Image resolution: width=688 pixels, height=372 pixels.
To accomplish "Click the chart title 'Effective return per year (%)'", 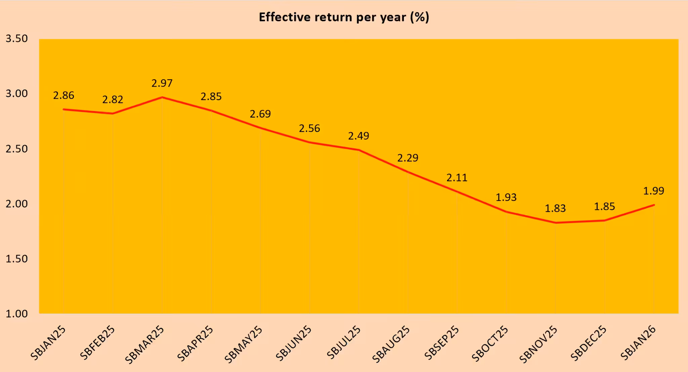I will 344,17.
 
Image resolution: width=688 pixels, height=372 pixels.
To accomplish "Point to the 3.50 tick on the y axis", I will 17,39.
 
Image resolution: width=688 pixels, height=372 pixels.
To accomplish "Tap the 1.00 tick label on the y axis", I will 17,314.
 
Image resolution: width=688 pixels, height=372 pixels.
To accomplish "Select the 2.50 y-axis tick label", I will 17,149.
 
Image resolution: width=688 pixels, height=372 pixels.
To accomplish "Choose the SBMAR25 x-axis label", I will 144,345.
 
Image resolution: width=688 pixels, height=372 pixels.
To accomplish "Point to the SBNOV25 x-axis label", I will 539,344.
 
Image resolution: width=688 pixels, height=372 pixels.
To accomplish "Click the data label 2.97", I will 162,83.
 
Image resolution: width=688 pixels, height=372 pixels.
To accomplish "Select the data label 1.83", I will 555,208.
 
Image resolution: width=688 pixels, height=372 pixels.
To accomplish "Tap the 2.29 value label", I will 408,158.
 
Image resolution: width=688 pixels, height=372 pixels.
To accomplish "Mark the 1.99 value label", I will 654,191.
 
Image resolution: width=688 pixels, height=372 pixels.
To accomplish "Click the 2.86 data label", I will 63,96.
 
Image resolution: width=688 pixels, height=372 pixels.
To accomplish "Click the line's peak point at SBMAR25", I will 162,97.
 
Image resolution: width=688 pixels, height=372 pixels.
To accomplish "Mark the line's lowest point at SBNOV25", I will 555,223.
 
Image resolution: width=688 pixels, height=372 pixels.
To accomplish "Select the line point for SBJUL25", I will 359,150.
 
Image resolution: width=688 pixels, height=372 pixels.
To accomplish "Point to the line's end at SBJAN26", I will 654,205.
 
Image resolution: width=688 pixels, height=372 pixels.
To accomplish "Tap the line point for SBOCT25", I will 506,212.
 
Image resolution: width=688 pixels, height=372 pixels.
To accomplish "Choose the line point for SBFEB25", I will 113,113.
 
